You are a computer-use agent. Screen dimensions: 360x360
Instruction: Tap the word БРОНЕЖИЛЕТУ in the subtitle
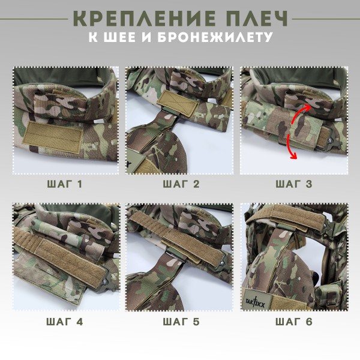click(x=213, y=37)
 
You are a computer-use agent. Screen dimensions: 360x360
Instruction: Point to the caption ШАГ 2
click(x=179, y=184)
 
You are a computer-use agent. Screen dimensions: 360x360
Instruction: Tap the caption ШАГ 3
click(x=293, y=184)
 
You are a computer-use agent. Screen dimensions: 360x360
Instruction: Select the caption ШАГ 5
click(x=179, y=321)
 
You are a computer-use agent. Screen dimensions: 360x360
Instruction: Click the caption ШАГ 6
click(x=293, y=321)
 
